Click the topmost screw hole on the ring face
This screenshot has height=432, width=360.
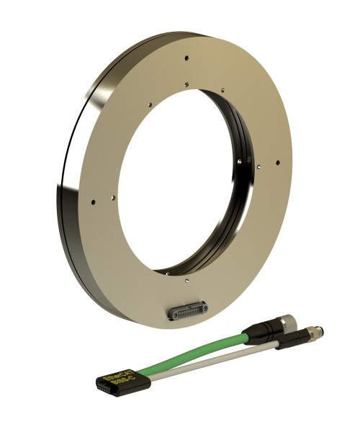[x=186, y=58]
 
